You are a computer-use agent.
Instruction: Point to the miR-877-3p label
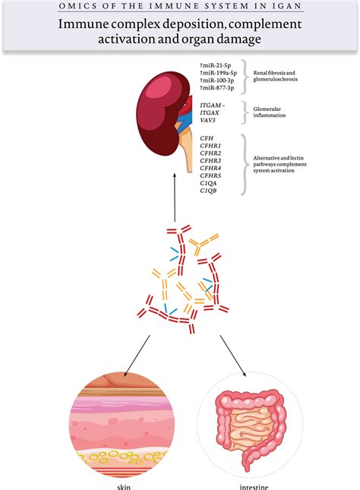pos(219,96)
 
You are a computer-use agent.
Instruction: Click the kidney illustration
pos(163,113)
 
